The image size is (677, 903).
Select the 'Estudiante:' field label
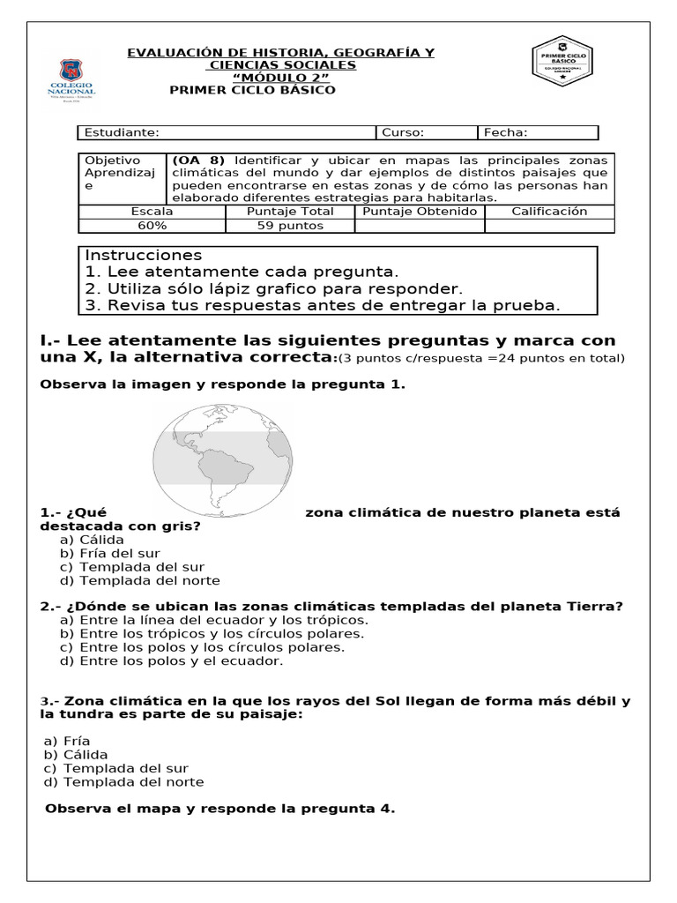point(122,133)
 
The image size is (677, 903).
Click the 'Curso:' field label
point(403,133)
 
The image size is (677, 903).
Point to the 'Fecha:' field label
point(506,133)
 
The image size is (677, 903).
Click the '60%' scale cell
point(152,225)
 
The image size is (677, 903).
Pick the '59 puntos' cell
point(289,225)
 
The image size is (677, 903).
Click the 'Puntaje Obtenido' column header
point(420,212)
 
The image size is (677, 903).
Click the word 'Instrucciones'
point(144,256)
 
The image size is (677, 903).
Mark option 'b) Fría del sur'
point(108,553)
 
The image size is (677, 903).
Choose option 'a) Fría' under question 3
point(67,742)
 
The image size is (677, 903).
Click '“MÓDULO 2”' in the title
point(280,78)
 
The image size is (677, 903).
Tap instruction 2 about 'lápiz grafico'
point(273,288)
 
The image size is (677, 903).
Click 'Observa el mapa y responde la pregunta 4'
point(219,809)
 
